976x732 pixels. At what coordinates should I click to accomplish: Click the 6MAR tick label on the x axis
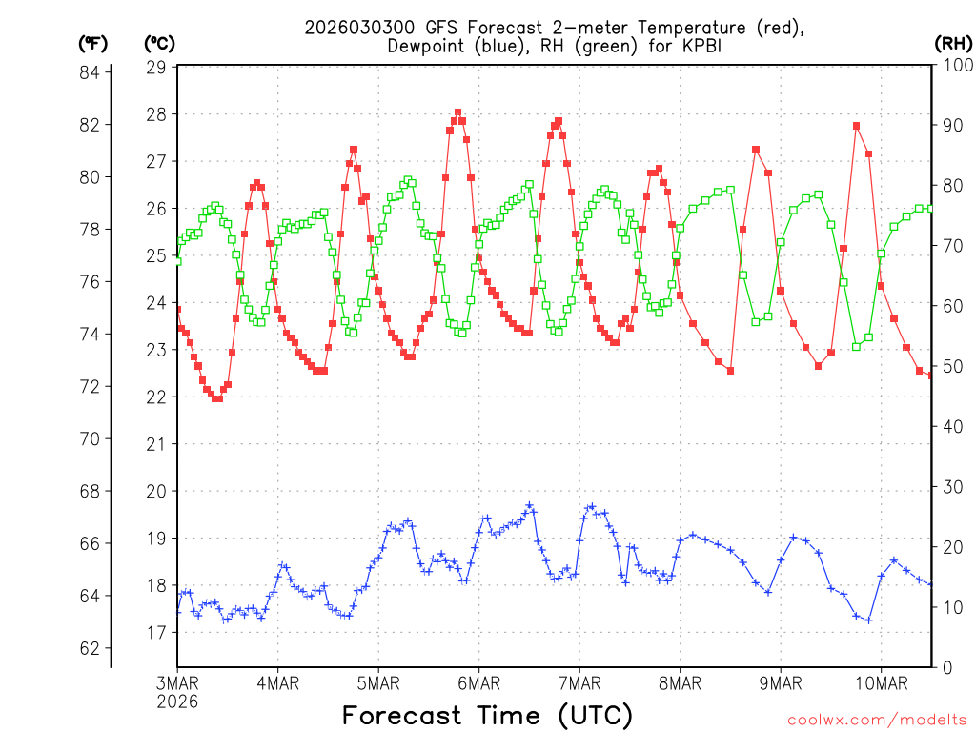pyautogui.click(x=478, y=682)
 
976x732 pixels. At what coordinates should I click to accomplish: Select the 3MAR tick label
pyautogui.click(x=177, y=682)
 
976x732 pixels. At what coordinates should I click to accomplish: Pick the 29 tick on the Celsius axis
pyautogui.click(x=156, y=68)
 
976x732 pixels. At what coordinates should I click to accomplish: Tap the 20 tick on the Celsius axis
pyautogui.click(x=156, y=491)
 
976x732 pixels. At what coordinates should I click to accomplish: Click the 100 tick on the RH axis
pyautogui.click(x=956, y=66)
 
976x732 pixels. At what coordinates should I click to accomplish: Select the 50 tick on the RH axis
pyautogui.click(x=951, y=367)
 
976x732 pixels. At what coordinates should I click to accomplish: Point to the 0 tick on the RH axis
pyautogui.click(x=946, y=667)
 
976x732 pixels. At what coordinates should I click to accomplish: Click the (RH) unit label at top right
pyautogui.click(x=953, y=43)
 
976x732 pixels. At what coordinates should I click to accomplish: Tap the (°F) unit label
pyautogui.click(x=91, y=43)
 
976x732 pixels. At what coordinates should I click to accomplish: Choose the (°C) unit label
pyautogui.click(x=158, y=43)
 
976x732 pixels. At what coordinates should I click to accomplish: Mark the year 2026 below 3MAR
pyautogui.click(x=177, y=701)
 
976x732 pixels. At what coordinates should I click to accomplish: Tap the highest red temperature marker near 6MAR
pyautogui.click(x=457, y=112)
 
